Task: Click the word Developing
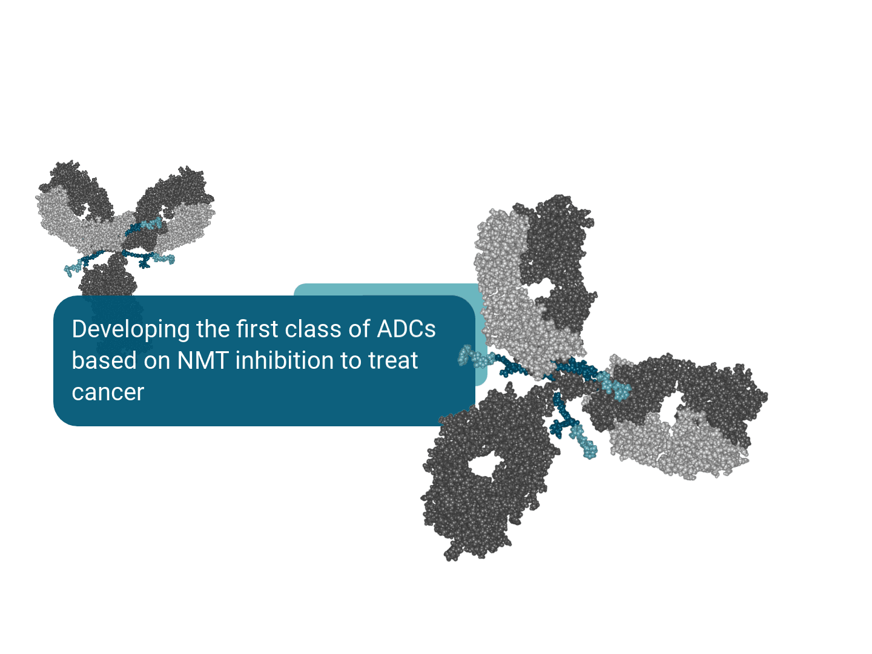[131, 329]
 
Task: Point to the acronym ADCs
[406, 329]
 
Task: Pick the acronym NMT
[203, 360]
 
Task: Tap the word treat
[393, 360]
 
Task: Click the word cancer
[108, 393]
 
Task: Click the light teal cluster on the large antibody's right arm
[615, 386]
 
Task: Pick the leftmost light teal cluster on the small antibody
[73, 269]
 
